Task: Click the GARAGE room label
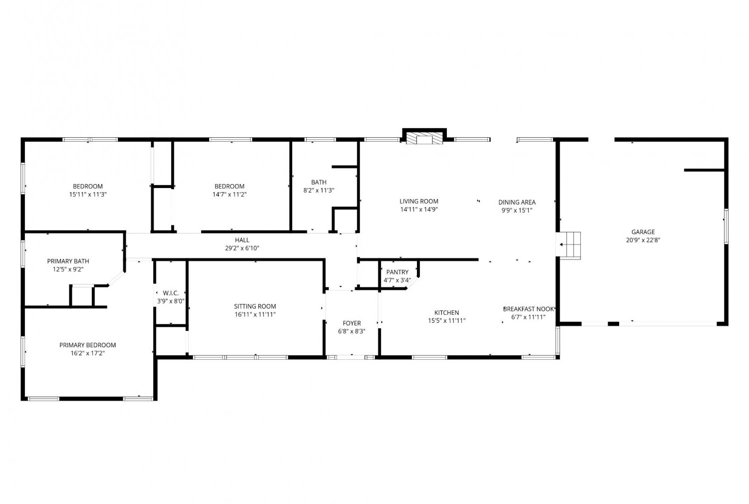[643, 232]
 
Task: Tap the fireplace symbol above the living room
[424, 138]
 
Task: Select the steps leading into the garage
[570, 245]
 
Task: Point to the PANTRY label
[397, 272]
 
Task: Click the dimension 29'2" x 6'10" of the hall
[242, 248]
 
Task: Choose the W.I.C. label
[171, 293]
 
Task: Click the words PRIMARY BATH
[68, 261]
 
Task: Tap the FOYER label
[352, 323]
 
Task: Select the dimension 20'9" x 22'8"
[643, 240]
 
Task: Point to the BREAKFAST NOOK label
[528, 309]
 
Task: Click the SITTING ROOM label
[255, 306]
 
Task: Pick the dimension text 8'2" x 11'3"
[319, 191]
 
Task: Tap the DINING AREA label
[517, 202]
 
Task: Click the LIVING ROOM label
[419, 201]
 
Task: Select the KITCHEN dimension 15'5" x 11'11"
[447, 321]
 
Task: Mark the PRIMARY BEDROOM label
[87, 345]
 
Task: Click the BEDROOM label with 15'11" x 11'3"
[88, 186]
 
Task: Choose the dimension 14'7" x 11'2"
[229, 195]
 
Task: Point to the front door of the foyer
[351, 357]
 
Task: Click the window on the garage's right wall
[726, 226]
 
